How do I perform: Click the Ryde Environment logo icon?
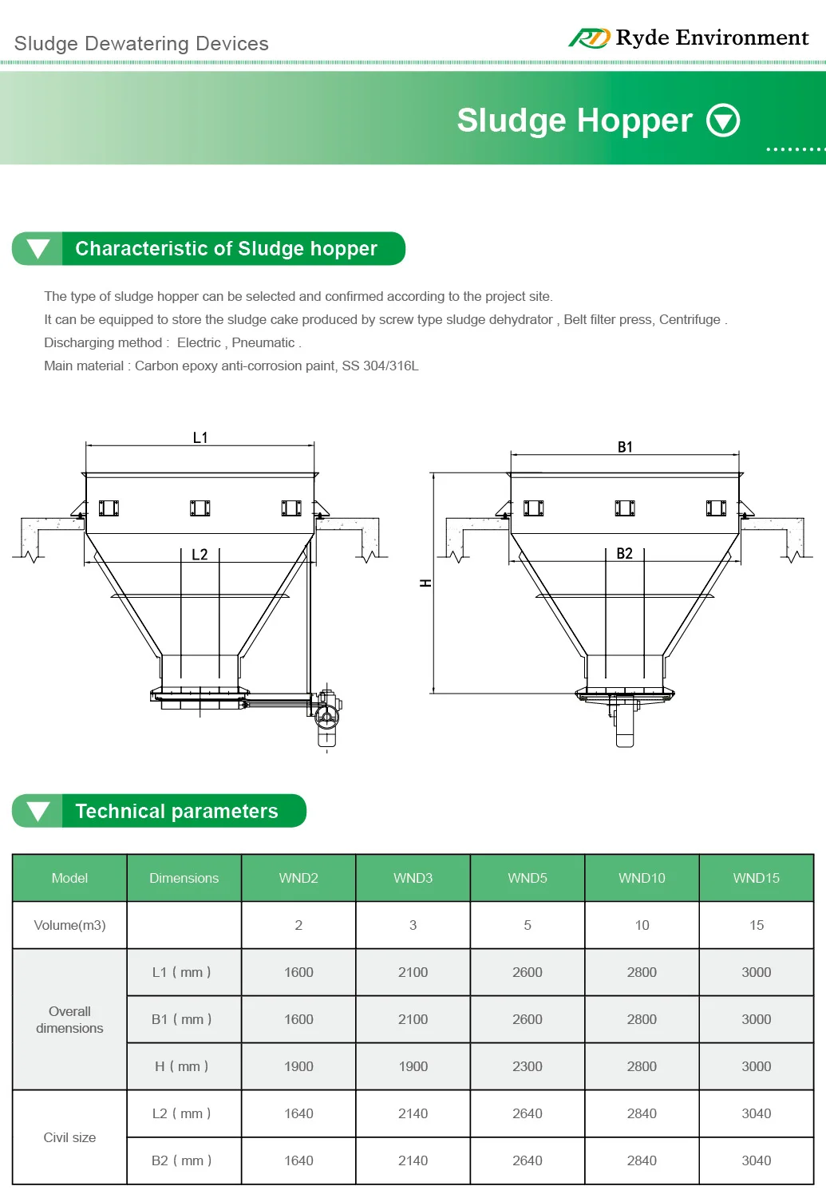pos(589,38)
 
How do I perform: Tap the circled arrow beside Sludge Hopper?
pos(723,121)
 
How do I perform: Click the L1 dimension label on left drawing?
pos(200,437)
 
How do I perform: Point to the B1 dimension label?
pos(625,447)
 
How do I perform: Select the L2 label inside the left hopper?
pos(200,554)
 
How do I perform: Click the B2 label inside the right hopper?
pos(624,553)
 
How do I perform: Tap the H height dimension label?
pos(425,583)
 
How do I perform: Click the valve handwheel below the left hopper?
pos(326,715)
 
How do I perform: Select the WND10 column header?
pos(642,878)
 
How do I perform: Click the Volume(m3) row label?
pos(69,925)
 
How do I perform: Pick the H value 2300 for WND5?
pos(528,1066)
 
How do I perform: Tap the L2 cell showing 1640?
pos(298,1113)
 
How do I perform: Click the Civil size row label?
pos(69,1137)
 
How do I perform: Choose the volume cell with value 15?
pos(757,925)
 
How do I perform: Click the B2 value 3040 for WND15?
pos(757,1160)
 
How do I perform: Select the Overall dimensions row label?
pos(69,1019)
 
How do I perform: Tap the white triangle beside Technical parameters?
pos(38,811)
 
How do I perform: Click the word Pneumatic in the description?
pos(263,342)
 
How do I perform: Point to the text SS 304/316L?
pos(380,366)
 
